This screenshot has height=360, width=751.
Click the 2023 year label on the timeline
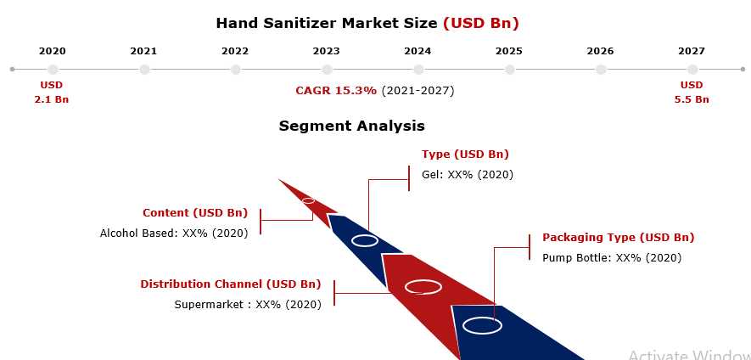click(x=326, y=51)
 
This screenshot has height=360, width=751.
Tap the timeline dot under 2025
click(x=510, y=70)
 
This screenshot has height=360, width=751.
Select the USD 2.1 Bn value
click(x=52, y=93)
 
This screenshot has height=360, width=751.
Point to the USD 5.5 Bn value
click(x=692, y=93)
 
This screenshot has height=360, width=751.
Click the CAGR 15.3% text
click(x=336, y=91)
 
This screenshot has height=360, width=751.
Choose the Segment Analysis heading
click(x=351, y=126)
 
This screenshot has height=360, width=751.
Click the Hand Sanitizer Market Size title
click(x=327, y=23)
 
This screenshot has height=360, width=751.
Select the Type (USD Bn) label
click(x=465, y=155)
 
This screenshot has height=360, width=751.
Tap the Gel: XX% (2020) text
click(x=468, y=175)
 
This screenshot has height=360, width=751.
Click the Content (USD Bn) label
click(x=195, y=213)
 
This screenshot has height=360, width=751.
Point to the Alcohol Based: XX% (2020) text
click(x=174, y=233)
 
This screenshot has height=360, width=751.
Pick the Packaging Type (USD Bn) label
click(x=619, y=237)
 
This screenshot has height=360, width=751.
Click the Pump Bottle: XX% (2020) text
click(x=612, y=258)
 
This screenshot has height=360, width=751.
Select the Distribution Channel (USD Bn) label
click(x=230, y=284)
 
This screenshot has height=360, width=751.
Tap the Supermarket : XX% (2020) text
click(x=248, y=305)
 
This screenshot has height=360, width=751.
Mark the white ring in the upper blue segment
click(x=365, y=235)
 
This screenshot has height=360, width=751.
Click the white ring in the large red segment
click(x=423, y=281)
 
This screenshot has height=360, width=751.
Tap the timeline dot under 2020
click(x=53, y=70)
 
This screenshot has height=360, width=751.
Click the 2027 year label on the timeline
click(x=691, y=51)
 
